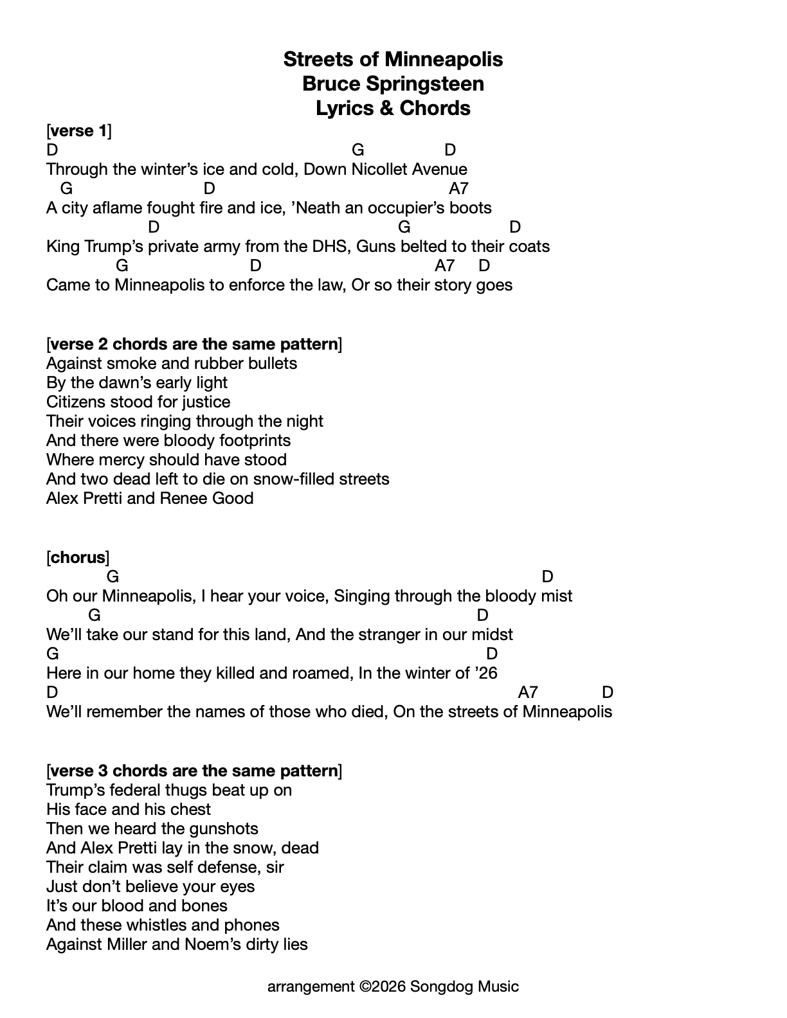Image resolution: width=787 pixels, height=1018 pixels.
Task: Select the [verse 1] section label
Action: coord(79,131)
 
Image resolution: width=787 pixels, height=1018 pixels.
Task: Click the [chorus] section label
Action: coord(78,557)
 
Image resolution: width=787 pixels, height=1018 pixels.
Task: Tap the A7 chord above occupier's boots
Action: coord(458,188)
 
